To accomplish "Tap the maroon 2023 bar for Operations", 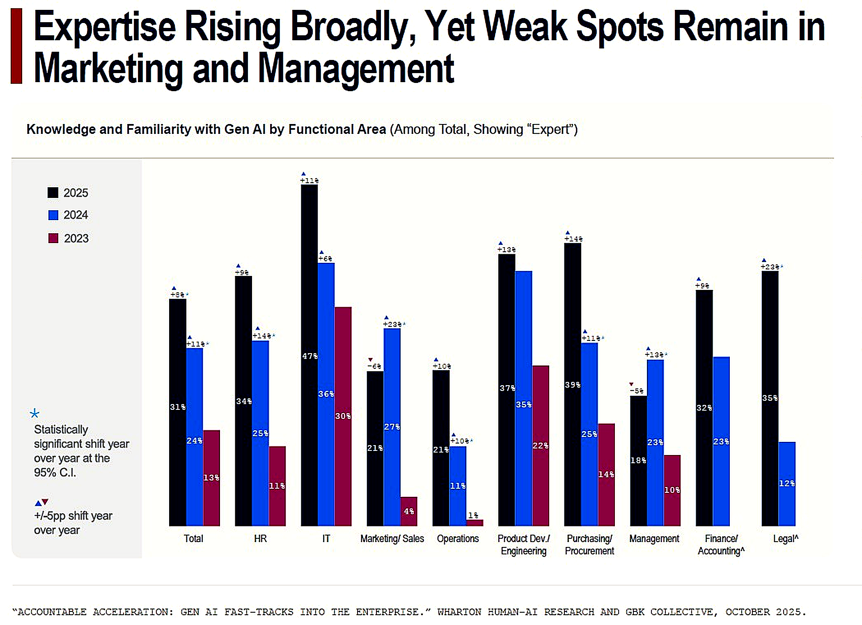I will pos(475,523).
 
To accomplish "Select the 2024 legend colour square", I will pos(53,215).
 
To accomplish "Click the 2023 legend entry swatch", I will pos(53,238).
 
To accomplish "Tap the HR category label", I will pos(260,538).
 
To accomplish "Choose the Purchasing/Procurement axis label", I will pos(589,545).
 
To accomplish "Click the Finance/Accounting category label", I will pos(721,545).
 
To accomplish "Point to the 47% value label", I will pos(310,356).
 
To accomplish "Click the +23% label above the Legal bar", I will pos(770,267).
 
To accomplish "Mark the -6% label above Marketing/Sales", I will pos(374,366).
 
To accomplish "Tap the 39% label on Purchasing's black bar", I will pos(573,385).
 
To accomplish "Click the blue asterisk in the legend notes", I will pos(35,413).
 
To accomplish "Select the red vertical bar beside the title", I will pos(16,46).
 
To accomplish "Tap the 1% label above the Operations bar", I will pos(473,515).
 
